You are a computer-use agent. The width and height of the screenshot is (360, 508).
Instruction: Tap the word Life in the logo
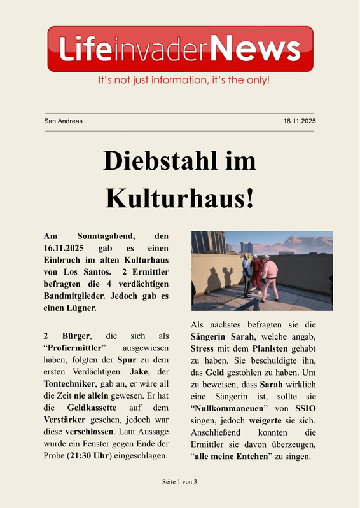(87, 49)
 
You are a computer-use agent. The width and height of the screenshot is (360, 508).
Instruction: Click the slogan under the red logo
(183, 81)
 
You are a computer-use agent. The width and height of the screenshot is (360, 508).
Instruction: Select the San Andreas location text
(63, 121)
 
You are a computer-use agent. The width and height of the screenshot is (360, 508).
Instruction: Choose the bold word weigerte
(265, 421)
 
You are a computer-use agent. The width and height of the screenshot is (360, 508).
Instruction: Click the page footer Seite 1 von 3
(179, 482)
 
